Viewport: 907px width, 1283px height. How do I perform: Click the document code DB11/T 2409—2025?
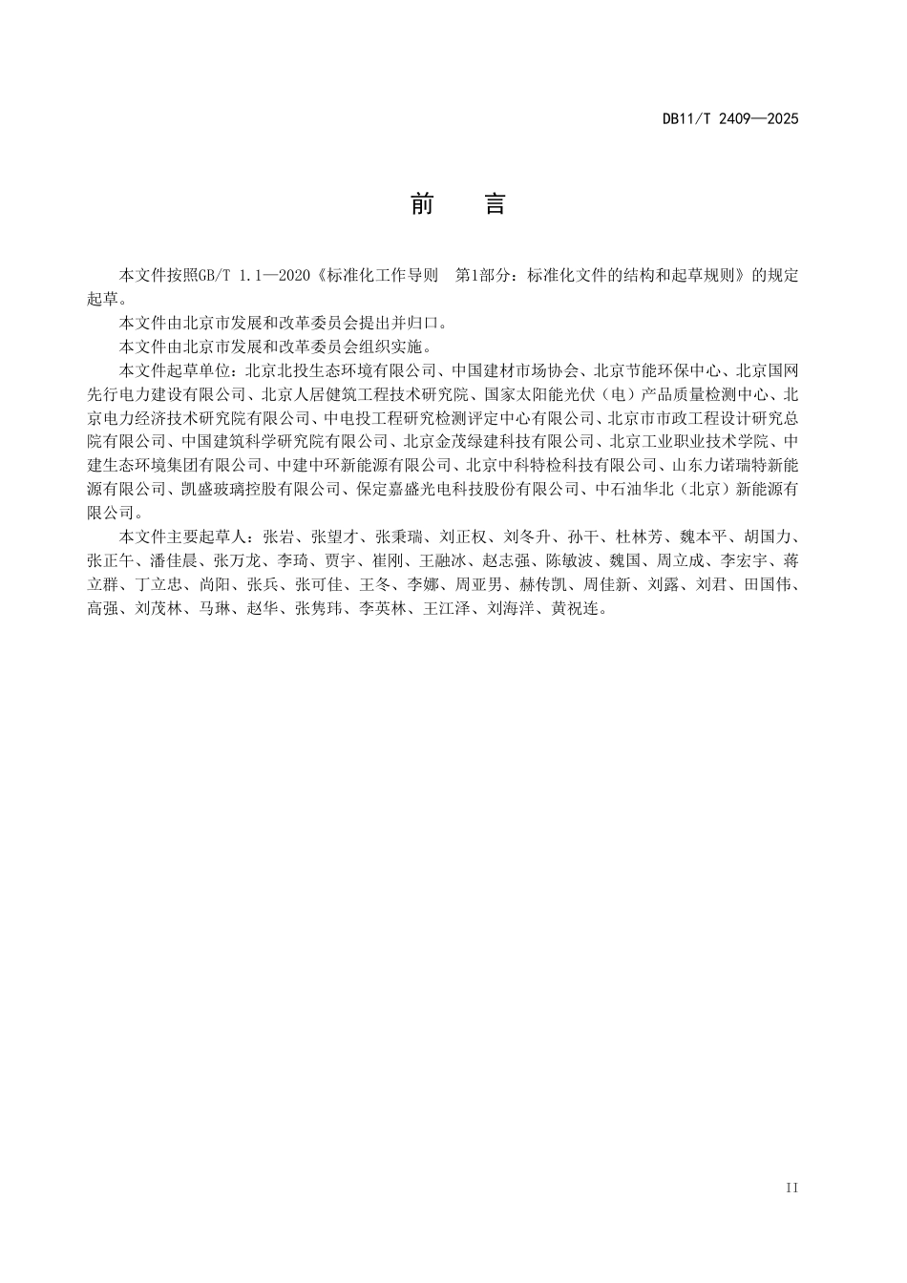click(x=730, y=119)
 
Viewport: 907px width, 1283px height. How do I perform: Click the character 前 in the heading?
click(x=422, y=204)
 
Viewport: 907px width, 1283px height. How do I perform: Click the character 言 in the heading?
click(x=495, y=204)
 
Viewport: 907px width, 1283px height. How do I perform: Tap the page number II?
click(x=791, y=1188)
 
